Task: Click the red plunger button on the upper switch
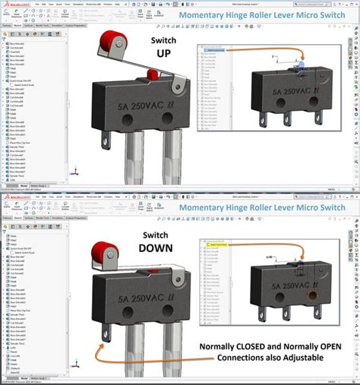pos(151,74)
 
